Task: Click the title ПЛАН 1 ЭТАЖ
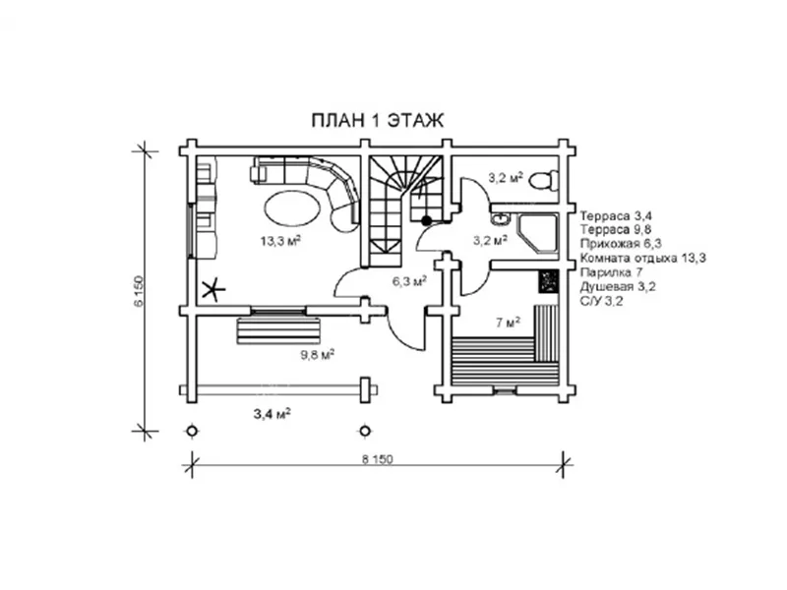point(378,121)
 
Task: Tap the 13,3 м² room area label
point(280,241)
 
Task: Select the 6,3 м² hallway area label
point(409,281)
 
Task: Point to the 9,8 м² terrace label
point(318,355)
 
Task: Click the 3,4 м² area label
point(272,414)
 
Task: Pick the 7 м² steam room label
point(508,323)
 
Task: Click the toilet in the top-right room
point(545,180)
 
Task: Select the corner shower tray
point(537,234)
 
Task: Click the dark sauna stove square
point(549,281)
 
